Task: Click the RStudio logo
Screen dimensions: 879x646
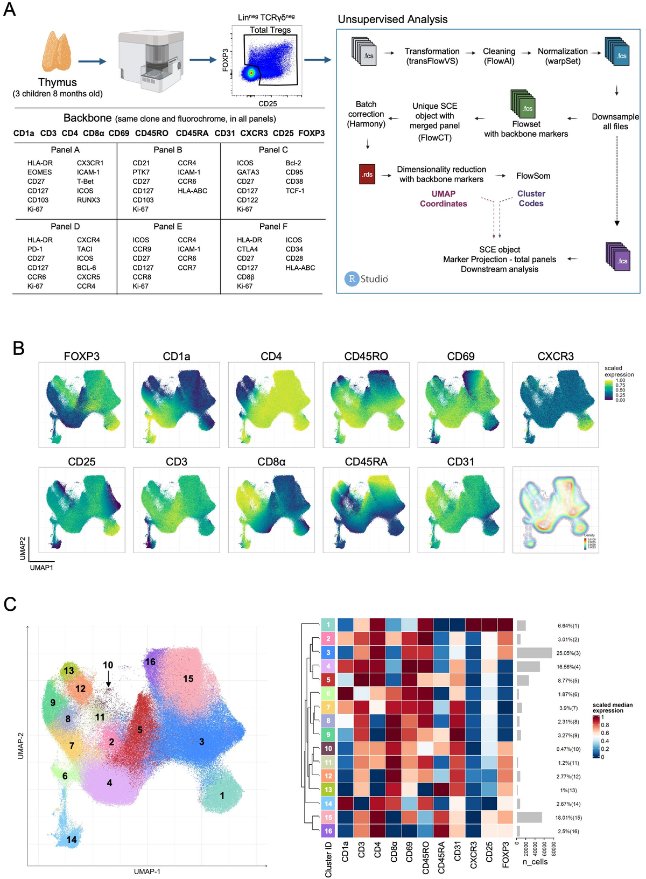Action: [367, 278]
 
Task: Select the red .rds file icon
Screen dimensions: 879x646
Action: [367, 174]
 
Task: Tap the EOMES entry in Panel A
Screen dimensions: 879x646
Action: [40, 172]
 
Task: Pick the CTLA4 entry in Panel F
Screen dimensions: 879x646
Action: [247, 249]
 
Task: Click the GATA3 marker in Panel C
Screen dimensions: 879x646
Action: [248, 172]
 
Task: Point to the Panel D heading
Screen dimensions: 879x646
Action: [65, 227]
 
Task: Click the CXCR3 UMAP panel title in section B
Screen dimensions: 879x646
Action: [555, 357]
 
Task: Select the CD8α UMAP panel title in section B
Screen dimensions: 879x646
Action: [271, 462]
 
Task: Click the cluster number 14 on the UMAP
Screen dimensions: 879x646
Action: [72, 840]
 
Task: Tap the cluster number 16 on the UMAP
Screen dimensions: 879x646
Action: [150, 662]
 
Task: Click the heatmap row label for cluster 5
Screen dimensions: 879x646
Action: [328, 680]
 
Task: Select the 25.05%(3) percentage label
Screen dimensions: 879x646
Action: [568, 653]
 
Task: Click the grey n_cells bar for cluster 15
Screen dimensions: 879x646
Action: [529, 818]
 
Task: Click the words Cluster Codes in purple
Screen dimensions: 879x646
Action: [531, 199]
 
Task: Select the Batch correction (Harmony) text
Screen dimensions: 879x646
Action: [366, 114]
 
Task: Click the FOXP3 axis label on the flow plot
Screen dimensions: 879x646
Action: [226, 60]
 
